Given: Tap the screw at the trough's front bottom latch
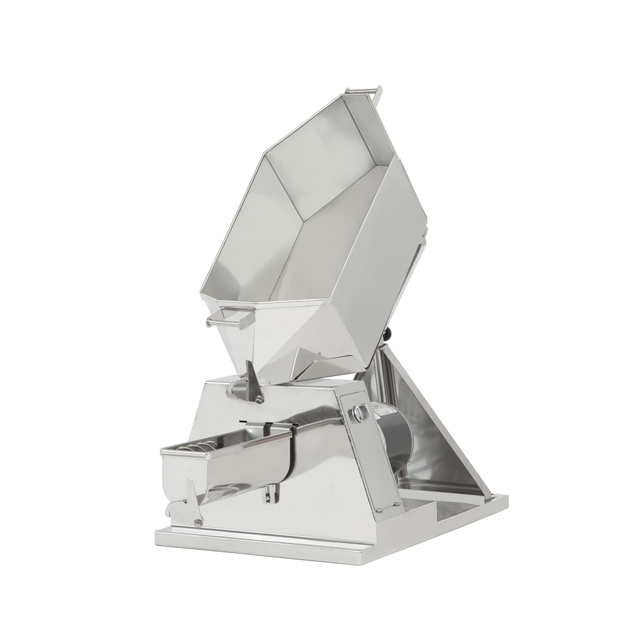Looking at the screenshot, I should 198,522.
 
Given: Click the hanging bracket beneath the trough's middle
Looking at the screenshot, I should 272,494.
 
